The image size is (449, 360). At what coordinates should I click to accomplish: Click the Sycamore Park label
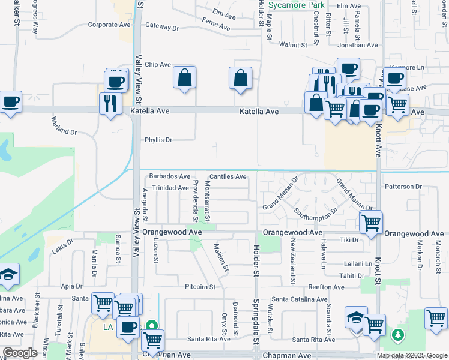point(296,5)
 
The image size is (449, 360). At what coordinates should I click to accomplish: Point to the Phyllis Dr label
point(158,140)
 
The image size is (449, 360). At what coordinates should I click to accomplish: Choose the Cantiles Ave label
point(228,177)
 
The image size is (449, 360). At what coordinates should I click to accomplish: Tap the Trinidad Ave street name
point(170,188)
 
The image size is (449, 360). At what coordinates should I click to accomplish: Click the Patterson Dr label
point(403,187)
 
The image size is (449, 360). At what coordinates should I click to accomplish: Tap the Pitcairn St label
point(200,287)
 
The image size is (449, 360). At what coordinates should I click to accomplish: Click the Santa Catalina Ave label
point(299,299)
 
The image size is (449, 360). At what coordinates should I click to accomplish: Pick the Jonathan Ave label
point(358,45)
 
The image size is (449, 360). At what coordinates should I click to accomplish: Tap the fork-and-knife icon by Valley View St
point(110,103)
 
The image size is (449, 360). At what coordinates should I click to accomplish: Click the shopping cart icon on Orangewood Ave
point(371,222)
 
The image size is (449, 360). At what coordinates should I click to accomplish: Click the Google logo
point(20,353)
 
